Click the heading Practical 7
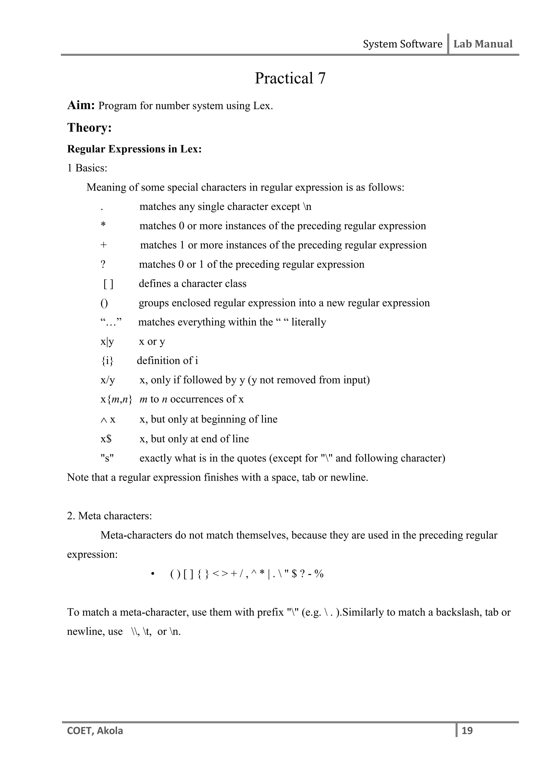click(290, 78)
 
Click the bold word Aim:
click(81, 105)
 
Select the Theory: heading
click(89, 128)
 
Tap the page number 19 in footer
click(467, 731)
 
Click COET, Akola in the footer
click(95, 731)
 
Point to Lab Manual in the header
click(483, 44)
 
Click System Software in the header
click(402, 44)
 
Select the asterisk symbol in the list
click(103, 225)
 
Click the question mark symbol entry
click(103, 264)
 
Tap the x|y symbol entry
click(107, 341)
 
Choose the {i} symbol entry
click(107, 361)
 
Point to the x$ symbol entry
click(106, 439)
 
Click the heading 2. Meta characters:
click(109, 516)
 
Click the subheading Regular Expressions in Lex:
click(134, 149)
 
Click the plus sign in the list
click(103, 245)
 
